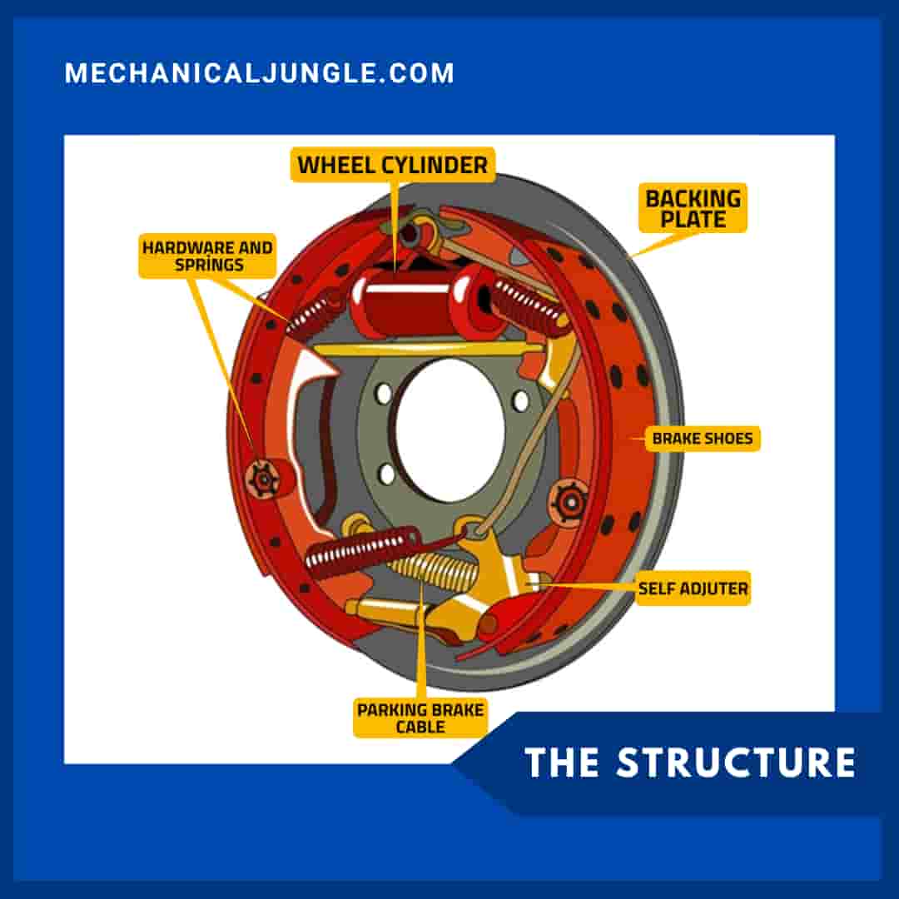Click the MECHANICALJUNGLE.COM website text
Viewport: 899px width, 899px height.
tap(259, 73)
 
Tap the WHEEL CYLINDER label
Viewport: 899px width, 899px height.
tap(393, 165)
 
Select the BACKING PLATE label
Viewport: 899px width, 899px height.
tap(693, 209)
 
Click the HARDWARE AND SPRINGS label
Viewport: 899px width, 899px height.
tap(206, 256)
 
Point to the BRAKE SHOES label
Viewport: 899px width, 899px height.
tap(702, 438)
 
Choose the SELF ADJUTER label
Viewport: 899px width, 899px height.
tap(693, 589)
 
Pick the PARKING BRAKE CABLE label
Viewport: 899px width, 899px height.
tap(420, 718)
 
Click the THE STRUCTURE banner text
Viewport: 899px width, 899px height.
tap(690, 762)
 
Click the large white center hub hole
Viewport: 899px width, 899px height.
tap(449, 430)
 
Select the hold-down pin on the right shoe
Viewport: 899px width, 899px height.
tap(569, 501)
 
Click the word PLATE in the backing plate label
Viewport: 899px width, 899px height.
tap(693, 220)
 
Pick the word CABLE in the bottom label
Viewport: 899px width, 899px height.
tap(420, 728)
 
